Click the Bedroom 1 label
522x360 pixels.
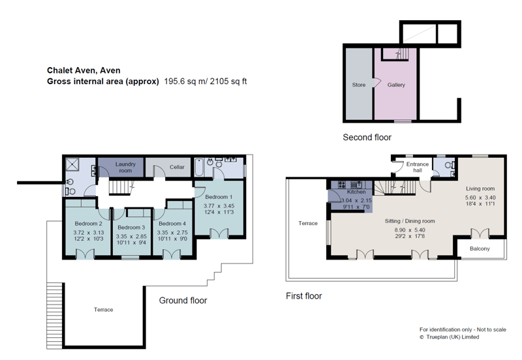click(x=219, y=197)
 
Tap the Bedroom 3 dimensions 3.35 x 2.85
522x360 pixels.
click(x=131, y=236)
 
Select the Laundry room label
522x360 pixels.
click(x=125, y=167)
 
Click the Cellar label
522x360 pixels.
click(x=177, y=167)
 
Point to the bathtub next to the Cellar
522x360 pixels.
click(x=199, y=168)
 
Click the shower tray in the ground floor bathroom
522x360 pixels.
click(x=72, y=164)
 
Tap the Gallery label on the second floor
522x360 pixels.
click(x=396, y=85)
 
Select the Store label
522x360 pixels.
click(x=358, y=85)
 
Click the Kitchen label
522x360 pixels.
click(x=356, y=192)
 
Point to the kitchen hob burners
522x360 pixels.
click(x=343, y=185)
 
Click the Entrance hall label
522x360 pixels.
click(x=418, y=167)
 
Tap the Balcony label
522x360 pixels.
click(x=480, y=248)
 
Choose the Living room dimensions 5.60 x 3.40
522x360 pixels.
click(x=480, y=198)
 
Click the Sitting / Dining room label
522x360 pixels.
click(x=410, y=221)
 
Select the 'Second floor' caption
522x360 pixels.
click(x=367, y=137)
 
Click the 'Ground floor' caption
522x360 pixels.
click(x=183, y=301)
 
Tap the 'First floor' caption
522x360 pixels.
click(x=304, y=296)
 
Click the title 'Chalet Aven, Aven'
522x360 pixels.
click(x=84, y=70)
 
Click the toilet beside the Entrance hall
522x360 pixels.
click(x=450, y=165)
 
